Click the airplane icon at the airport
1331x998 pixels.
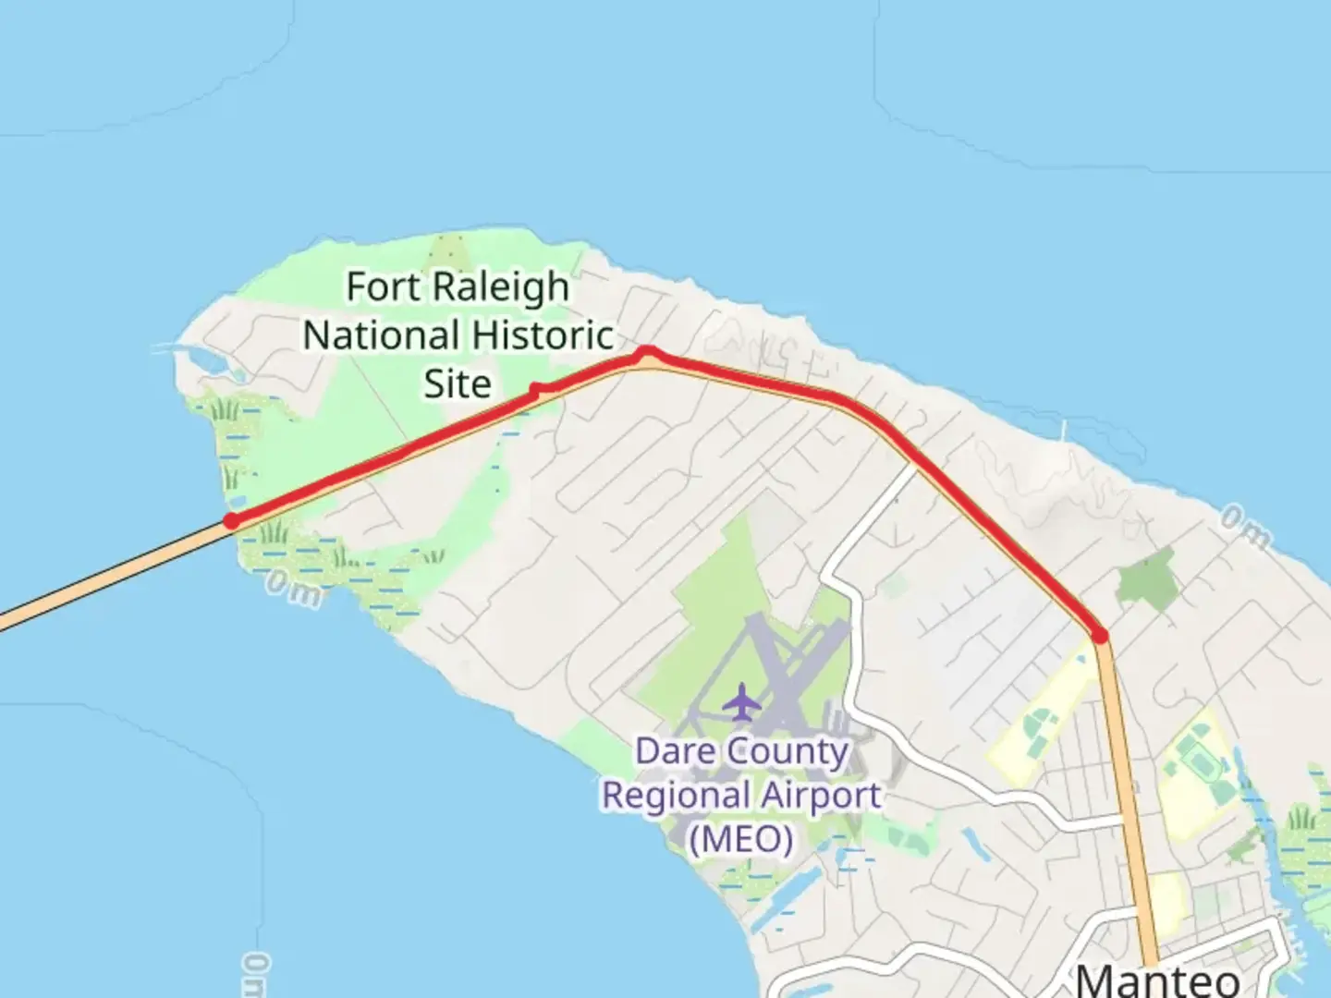(x=741, y=702)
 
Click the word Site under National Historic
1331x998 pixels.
(x=458, y=383)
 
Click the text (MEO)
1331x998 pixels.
(x=740, y=839)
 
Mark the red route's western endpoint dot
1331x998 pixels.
(x=231, y=521)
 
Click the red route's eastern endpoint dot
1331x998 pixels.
(x=1099, y=635)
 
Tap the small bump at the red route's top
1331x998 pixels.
(x=647, y=351)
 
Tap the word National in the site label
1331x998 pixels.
(x=381, y=335)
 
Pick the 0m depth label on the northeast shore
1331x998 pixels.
(x=1244, y=526)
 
